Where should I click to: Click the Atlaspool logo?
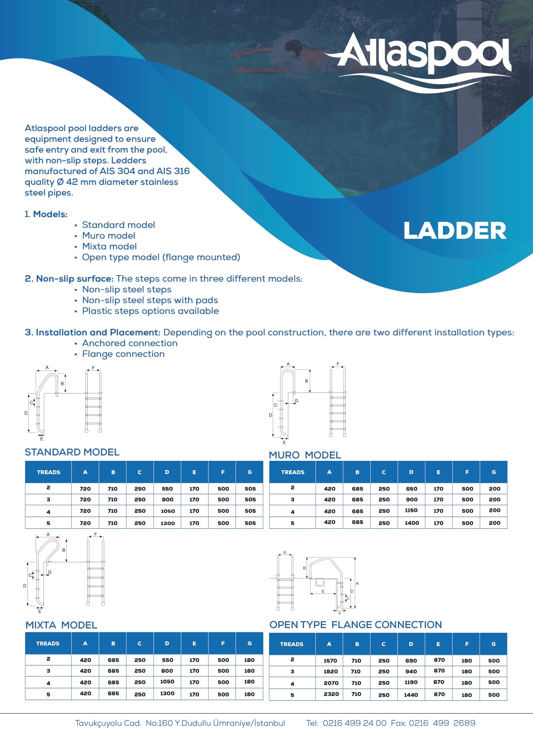pyautogui.click(x=423, y=60)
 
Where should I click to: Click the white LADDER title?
pyautogui.click(x=455, y=231)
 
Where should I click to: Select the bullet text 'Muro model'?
pyautogui.click(x=109, y=236)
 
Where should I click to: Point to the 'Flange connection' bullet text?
pyautogui.click(x=123, y=354)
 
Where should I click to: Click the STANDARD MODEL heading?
pyautogui.click(x=72, y=452)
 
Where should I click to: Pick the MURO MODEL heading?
pyautogui.click(x=305, y=455)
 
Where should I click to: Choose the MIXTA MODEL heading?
pyautogui.click(x=61, y=625)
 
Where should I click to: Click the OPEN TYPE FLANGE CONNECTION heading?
pyautogui.click(x=356, y=625)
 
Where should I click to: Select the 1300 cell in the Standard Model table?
pyautogui.click(x=168, y=523)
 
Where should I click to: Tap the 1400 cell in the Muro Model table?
pyautogui.click(x=411, y=523)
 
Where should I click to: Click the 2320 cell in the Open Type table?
pyautogui.click(x=331, y=694)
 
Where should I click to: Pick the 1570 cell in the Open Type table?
pyautogui.click(x=330, y=661)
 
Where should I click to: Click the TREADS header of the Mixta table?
pyautogui.click(x=48, y=644)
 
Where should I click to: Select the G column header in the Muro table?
pyautogui.click(x=494, y=472)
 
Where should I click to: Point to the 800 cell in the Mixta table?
pyautogui.click(x=167, y=671)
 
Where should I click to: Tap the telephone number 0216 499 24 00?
pyautogui.click(x=354, y=723)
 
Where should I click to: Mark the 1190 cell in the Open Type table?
pyautogui.click(x=411, y=682)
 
